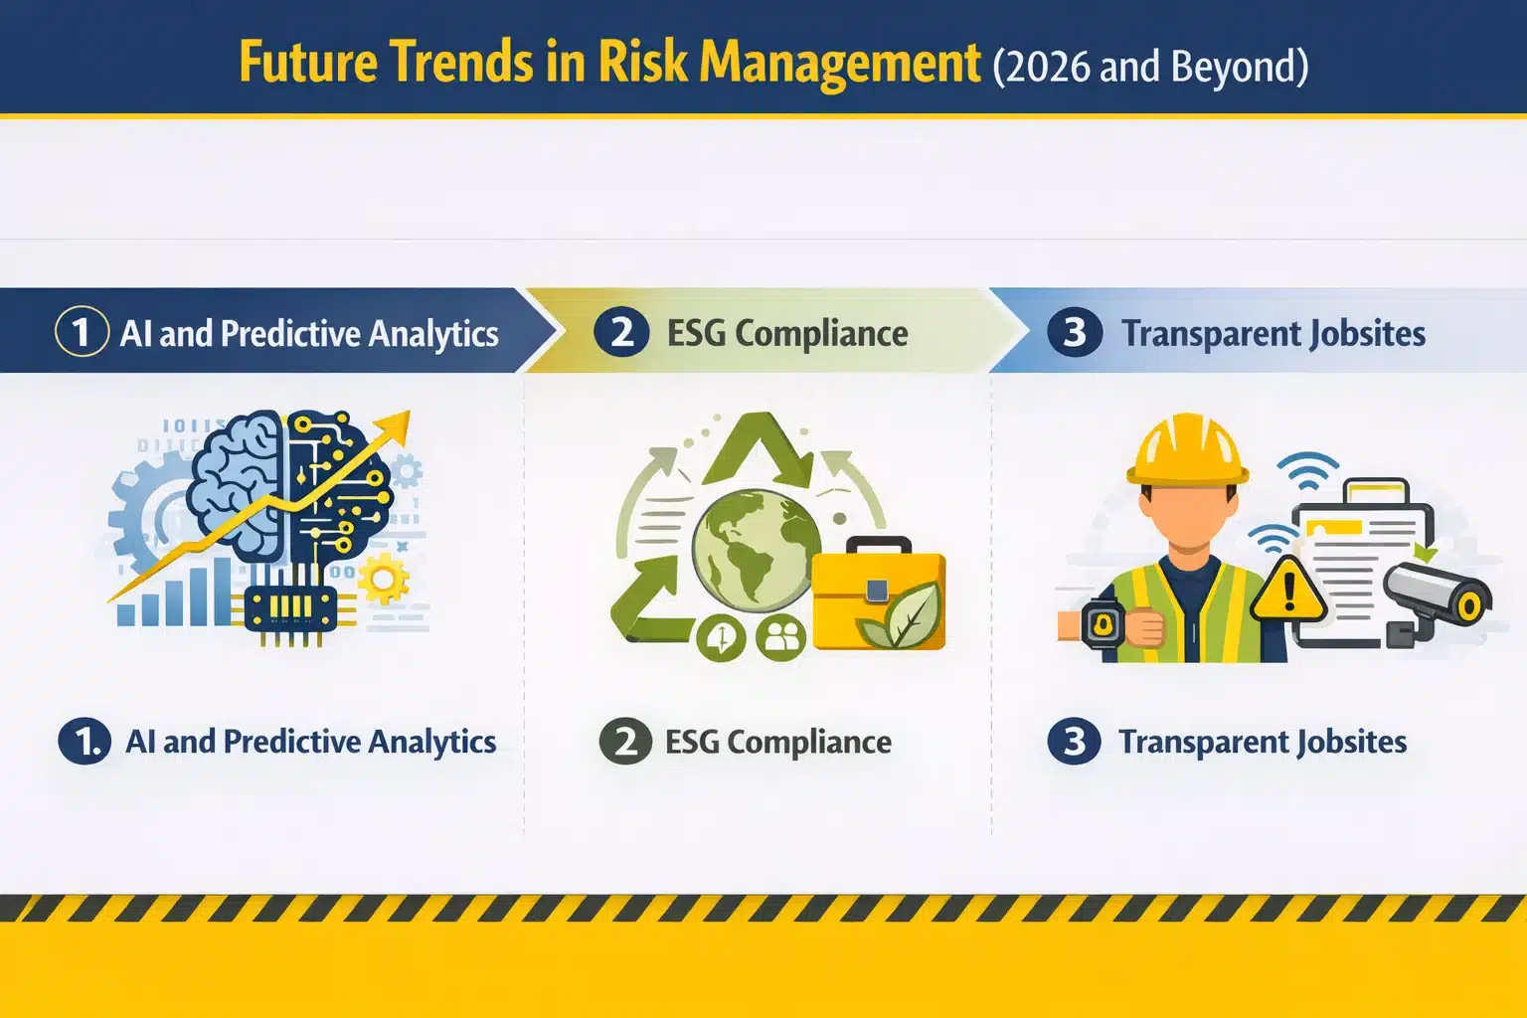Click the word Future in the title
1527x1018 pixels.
pyautogui.click(x=308, y=63)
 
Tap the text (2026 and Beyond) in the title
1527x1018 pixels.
pyautogui.click(x=1150, y=67)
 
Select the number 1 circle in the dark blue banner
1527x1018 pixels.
pyautogui.click(x=82, y=332)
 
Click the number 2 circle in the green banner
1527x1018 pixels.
pyautogui.click(x=621, y=332)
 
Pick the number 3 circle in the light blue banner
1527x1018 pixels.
pyautogui.click(x=1075, y=332)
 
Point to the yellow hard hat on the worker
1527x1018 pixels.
pyautogui.click(x=1187, y=450)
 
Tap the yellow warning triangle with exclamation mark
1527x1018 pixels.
pyautogui.click(x=1288, y=590)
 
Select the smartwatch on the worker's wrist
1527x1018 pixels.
pyautogui.click(x=1103, y=625)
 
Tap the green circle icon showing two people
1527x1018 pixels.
pyautogui.click(x=782, y=638)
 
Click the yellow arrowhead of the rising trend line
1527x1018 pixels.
pyautogui.click(x=397, y=425)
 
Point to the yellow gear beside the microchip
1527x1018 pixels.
pyautogui.click(x=383, y=581)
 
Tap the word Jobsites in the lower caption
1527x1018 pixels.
pyautogui.click(x=1343, y=743)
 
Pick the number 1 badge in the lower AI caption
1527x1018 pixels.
pyautogui.click(x=85, y=742)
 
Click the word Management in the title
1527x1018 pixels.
pyautogui.click(x=840, y=63)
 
